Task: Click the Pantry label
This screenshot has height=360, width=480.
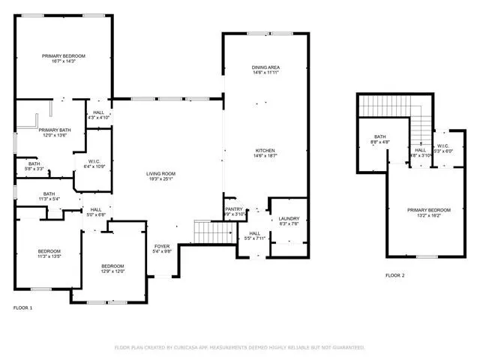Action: (x=234, y=211)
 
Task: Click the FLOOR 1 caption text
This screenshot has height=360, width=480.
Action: (x=23, y=307)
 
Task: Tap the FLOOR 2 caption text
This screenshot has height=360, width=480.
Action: (x=395, y=276)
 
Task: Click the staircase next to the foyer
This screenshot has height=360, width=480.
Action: (x=204, y=232)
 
